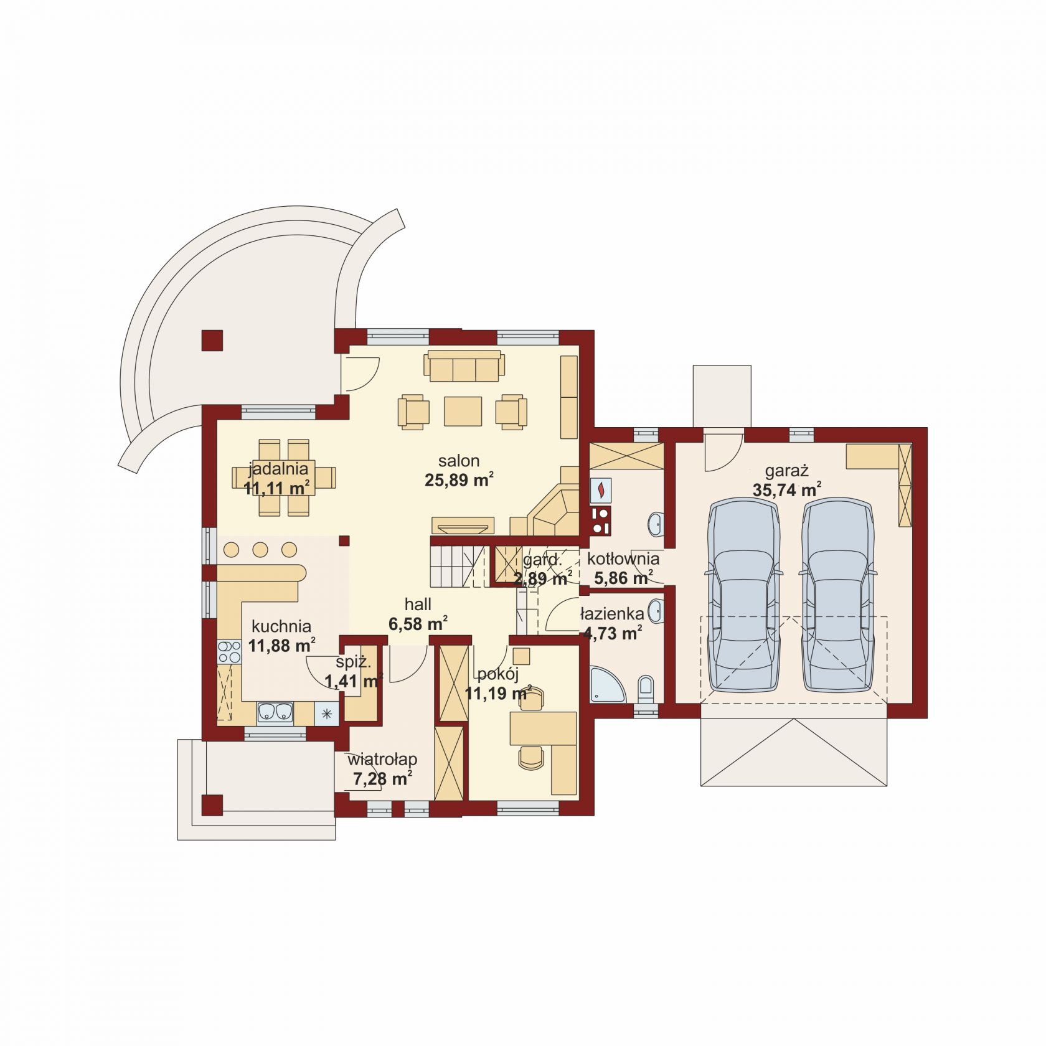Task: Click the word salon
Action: click(x=459, y=461)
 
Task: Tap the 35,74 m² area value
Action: click(x=786, y=489)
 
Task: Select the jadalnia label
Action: click(x=278, y=469)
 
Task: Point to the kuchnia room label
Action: click(x=281, y=626)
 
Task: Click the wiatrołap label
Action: click(x=382, y=760)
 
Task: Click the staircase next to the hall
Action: click(x=458, y=565)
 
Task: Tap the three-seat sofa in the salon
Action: click(x=464, y=365)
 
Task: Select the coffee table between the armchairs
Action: click(x=463, y=411)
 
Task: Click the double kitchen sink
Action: click(x=275, y=713)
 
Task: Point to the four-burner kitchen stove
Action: click(x=229, y=652)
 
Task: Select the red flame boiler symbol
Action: click(x=601, y=490)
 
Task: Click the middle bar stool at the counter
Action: click(x=260, y=550)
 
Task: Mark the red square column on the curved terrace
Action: click(x=212, y=341)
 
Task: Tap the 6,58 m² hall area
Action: click(x=418, y=623)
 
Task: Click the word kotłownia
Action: click(x=623, y=559)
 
